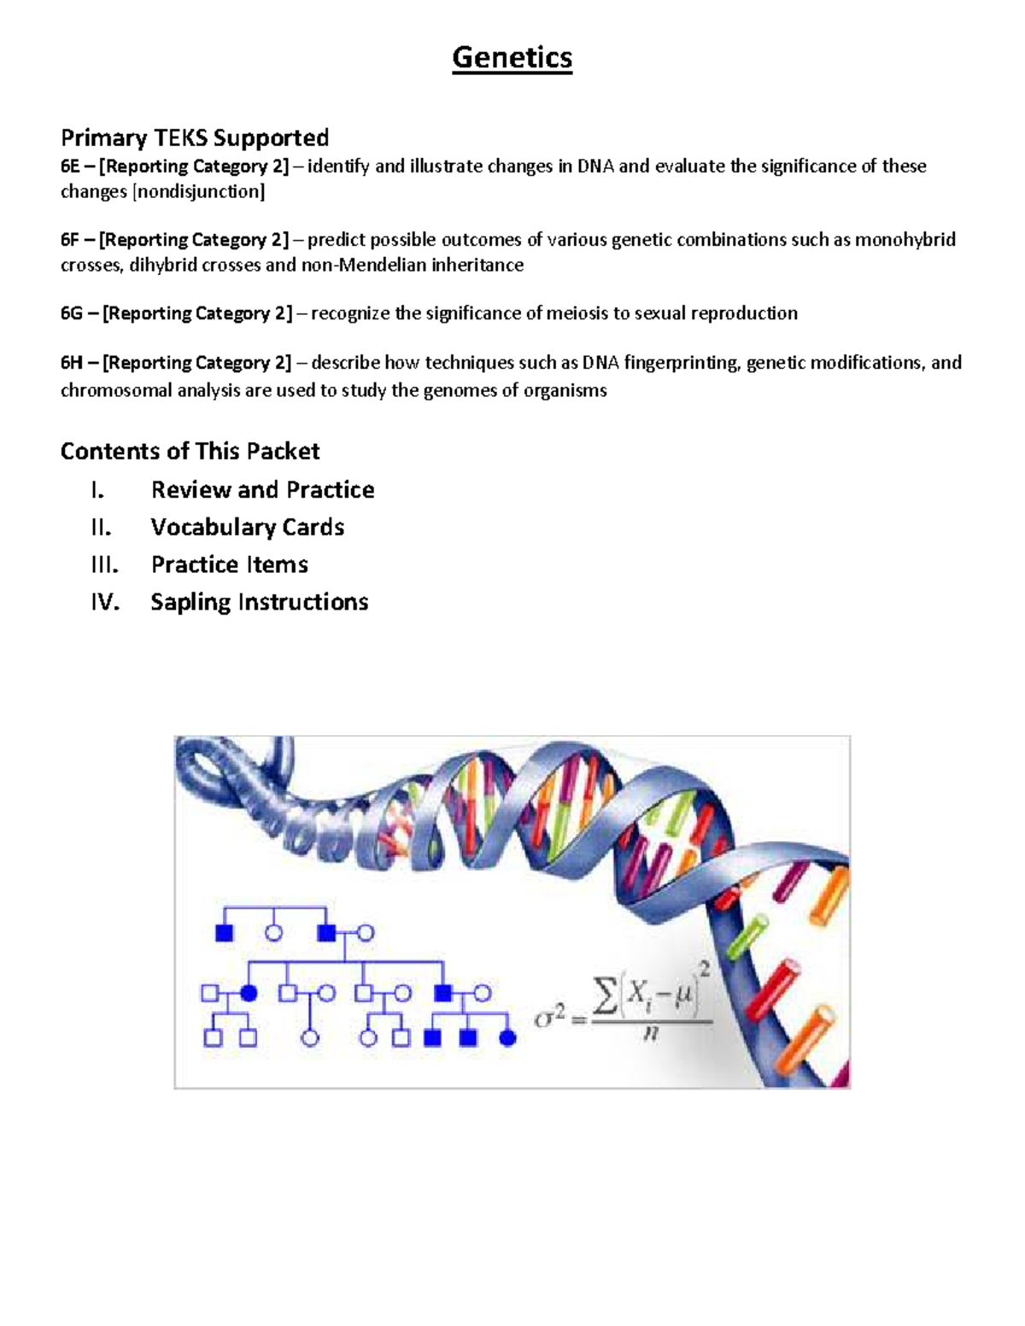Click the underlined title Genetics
[x=512, y=57]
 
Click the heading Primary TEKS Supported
[x=195, y=137]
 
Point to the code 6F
[x=70, y=239]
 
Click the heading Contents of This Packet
[x=190, y=451]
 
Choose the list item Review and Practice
[x=262, y=489]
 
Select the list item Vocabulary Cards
[x=248, y=527]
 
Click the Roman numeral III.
[x=104, y=564]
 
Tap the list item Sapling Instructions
[x=260, y=602]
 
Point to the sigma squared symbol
[x=549, y=1017]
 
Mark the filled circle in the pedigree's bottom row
[x=507, y=1038]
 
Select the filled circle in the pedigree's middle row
[x=249, y=993]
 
